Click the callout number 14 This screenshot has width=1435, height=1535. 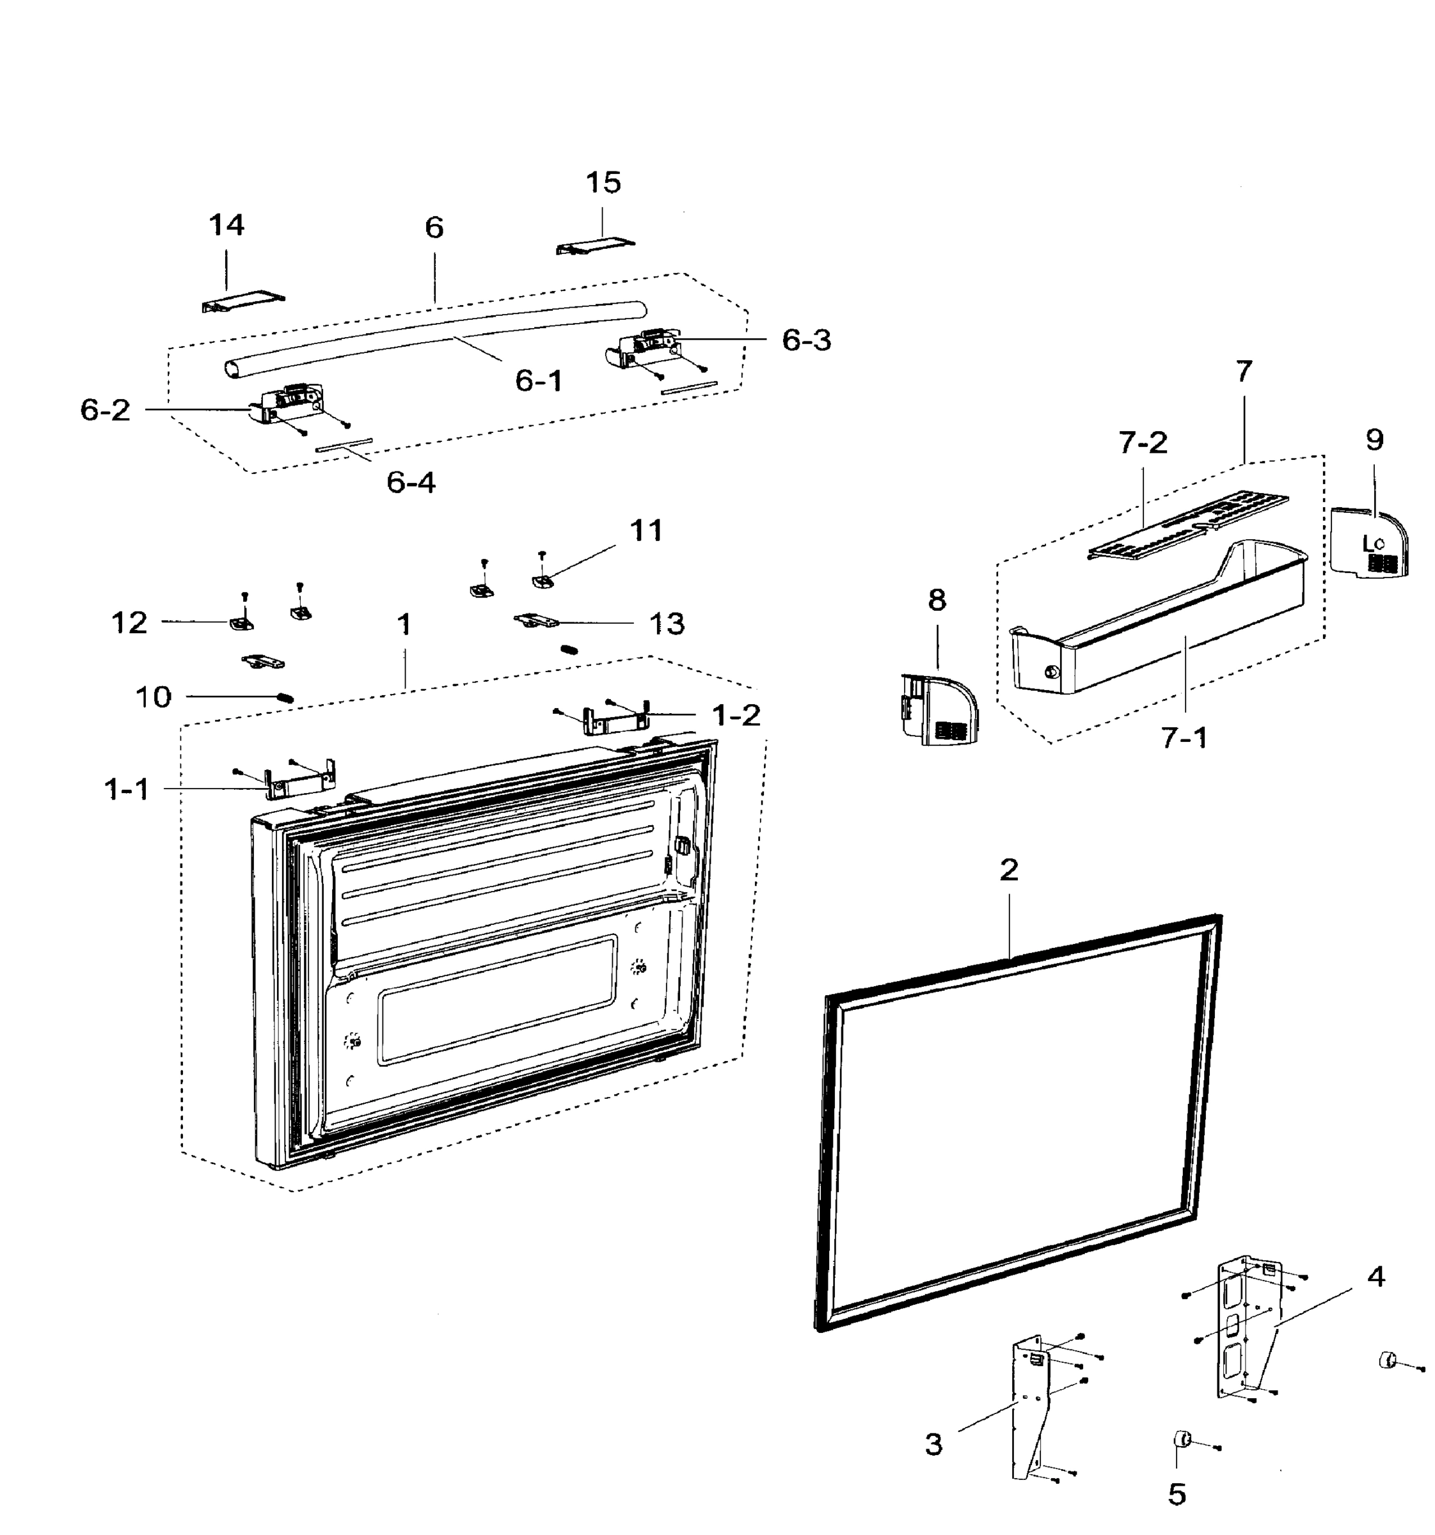pyautogui.click(x=226, y=226)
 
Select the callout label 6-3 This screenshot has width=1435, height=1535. pyautogui.click(x=806, y=340)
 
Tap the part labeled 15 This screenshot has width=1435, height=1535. pyautogui.click(x=595, y=246)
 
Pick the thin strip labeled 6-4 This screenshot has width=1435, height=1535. pyautogui.click(x=344, y=446)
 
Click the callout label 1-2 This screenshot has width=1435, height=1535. pyautogui.click(x=735, y=716)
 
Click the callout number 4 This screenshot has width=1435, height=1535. pyautogui.click(x=1376, y=1277)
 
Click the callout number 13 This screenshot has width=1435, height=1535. pyautogui.click(x=667, y=623)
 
